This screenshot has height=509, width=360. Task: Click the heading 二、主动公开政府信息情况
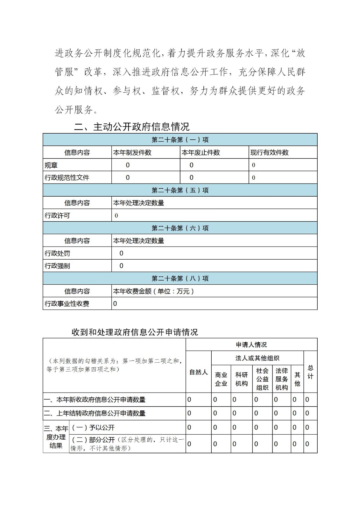(132, 127)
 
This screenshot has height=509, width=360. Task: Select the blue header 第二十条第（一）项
(180, 140)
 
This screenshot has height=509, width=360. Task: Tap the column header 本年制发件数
(132, 152)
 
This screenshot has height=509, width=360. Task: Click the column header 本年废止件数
(201, 152)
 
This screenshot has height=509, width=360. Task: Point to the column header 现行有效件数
(269, 152)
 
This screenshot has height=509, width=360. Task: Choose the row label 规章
(51, 165)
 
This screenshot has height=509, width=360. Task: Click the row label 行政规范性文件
(67, 178)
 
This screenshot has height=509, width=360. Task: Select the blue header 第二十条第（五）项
(180, 190)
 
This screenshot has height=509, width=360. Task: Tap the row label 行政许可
(57, 215)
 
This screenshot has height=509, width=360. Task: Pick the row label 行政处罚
(57, 253)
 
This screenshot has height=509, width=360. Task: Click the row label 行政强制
(57, 266)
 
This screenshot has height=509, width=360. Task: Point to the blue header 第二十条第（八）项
(180, 278)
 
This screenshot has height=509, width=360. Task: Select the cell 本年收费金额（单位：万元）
(153, 291)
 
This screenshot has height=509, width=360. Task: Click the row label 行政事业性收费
(67, 303)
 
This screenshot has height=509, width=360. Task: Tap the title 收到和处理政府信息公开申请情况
(135, 332)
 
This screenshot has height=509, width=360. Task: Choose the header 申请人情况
(251, 345)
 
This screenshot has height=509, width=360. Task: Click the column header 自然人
(198, 372)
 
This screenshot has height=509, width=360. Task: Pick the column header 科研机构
(241, 379)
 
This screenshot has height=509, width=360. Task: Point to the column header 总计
(310, 372)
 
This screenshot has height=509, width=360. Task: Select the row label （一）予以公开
(93, 428)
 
